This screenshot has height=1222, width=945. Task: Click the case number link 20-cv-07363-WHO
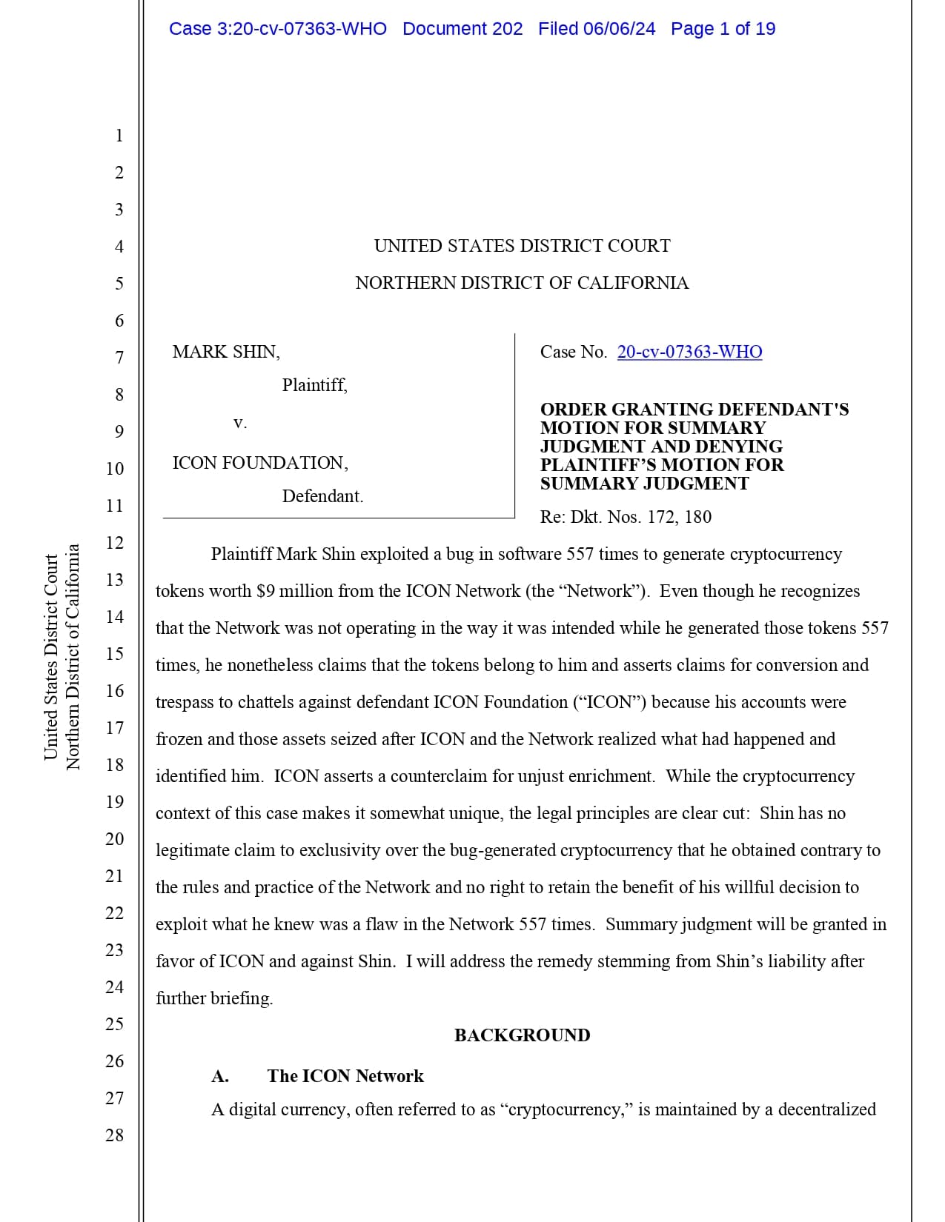(x=689, y=352)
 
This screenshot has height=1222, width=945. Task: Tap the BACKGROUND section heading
(x=522, y=1035)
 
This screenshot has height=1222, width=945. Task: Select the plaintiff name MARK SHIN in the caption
(x=226, y=352)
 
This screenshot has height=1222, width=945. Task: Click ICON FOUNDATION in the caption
(x=260, y=463)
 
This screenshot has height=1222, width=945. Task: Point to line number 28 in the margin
(x=114, y=1135)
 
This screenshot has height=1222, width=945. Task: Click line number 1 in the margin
(x=119, y=136)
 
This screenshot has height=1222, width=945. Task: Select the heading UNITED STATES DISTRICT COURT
(x=522, y=246)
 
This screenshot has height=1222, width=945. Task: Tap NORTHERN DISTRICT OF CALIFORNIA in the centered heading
(x=522, y=283)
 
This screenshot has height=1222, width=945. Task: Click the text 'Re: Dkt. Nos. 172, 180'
(x=626, y=517)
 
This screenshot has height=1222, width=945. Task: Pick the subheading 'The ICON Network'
(x=345, y=1076)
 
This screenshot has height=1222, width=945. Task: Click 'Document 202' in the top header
(x=462, y=29)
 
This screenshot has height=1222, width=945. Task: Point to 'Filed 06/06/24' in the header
(x=597, y=29)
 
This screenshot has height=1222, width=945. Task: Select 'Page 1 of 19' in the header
(x=723, y=29)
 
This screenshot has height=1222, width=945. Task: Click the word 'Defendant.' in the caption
(x=322, y=496)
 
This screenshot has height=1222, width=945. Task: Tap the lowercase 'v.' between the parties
(x=239, y=423)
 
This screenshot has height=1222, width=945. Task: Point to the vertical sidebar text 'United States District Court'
(x=51, y=657)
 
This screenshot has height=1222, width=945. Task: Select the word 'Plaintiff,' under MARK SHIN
(x=314, y=385)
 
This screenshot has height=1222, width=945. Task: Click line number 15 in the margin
(x=114, y=653)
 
